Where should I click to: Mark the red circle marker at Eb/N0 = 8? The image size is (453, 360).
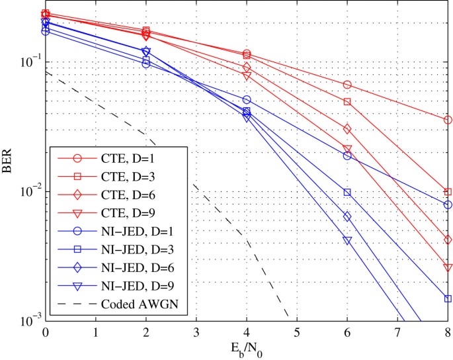448,120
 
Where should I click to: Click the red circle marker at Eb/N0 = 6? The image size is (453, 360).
347,85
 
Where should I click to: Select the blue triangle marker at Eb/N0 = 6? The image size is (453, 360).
347,241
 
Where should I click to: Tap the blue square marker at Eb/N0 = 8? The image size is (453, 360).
448,298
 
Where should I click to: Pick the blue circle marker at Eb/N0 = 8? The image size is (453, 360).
448,205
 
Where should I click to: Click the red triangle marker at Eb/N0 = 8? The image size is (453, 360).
448,267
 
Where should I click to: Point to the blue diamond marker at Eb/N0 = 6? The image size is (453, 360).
347,216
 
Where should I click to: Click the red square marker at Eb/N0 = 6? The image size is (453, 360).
347,102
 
